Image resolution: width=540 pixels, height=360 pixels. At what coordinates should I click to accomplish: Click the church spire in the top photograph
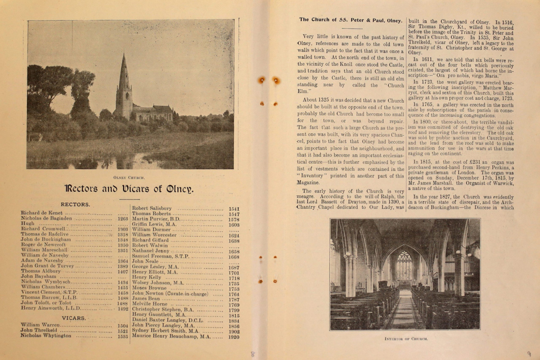pyautogui.click(x=123, y=74)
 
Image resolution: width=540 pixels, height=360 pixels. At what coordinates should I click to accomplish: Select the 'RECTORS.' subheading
pyautogui.click(x=75, y=204)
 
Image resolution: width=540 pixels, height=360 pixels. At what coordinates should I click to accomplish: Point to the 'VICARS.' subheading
pyautogui.click(x=74, y=318)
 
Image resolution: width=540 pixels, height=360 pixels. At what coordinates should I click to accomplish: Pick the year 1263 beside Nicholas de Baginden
pyautogui.click(x=122, y=218)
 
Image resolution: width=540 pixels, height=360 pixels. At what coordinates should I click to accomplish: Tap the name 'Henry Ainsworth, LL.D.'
pyautogui.click(x=50, y=308)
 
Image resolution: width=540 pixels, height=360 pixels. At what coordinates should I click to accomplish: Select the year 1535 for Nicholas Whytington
pyautogui.click(x=122, y=336)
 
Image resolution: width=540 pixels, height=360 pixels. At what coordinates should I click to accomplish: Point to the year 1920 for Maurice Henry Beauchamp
pyautogui.click(x=234, y=336)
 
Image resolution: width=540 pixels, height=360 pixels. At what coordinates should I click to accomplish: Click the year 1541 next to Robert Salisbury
pyautogui.click(x=234, y=209)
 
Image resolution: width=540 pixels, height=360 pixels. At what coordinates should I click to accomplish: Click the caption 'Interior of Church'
pyautogui.click(x=405, y=338)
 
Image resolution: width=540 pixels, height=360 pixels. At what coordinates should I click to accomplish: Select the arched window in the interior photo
pyautogui.click(x=404, y=265)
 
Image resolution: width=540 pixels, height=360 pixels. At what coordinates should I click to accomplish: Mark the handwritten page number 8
pyautogui.click(x=253, y=354)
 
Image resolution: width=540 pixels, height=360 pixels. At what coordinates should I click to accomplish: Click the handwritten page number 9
pyautogui.click(x=528, y=354)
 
